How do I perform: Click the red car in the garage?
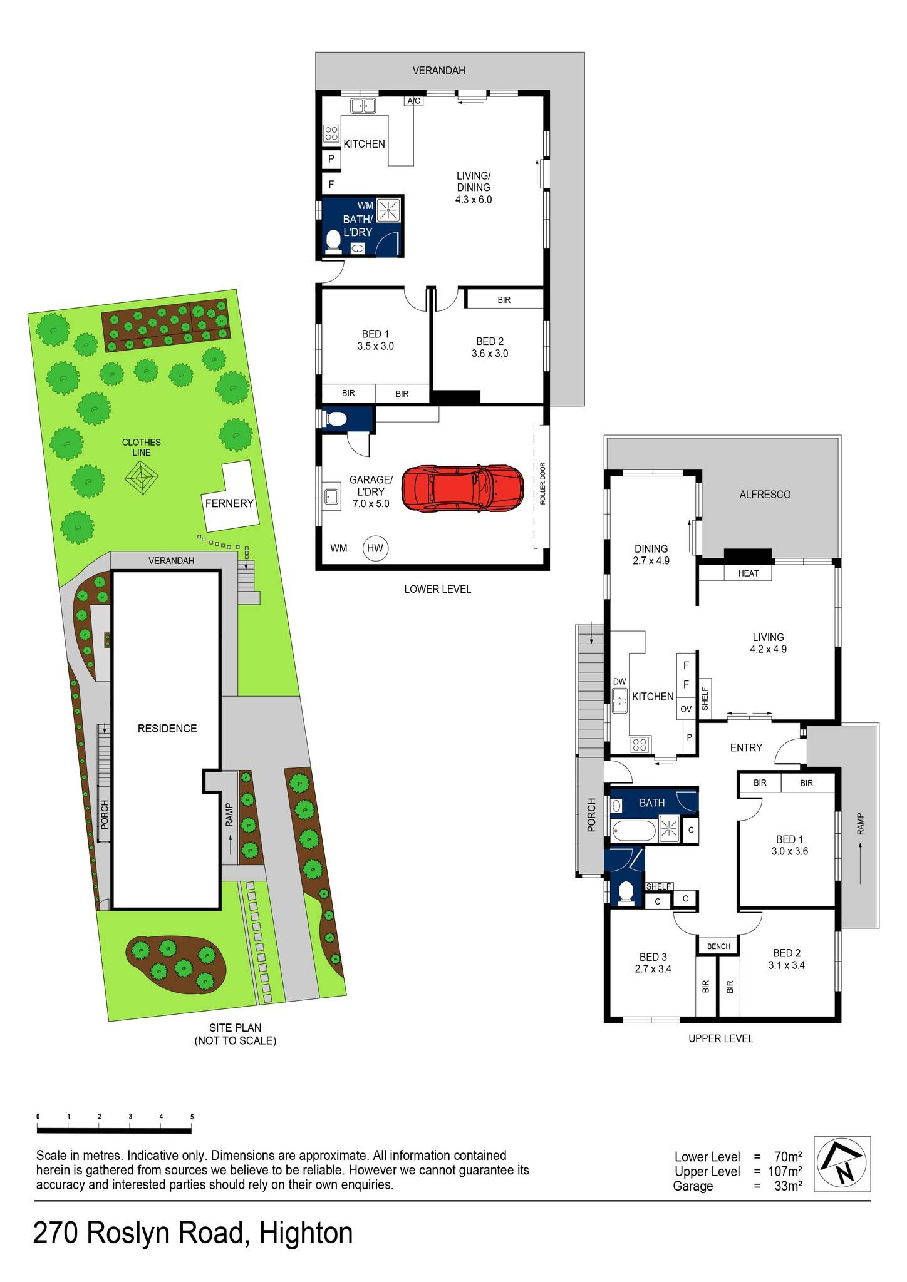pos(462,489)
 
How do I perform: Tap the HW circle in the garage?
pos(375,548)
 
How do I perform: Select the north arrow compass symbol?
pos(841,1164)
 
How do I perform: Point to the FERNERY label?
pos(229,503)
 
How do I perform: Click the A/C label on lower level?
pos(413,101)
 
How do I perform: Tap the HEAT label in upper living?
pos(748,573)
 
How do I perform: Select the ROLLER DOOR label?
pos(542,484)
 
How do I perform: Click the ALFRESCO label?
pos(764,494)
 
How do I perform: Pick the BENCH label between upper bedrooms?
pos(718,946)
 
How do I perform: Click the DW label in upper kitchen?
pos(619,681)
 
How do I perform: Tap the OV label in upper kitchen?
pos(686,709)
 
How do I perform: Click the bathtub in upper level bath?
pos(634,831)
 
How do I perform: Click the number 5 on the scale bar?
pos(192,1116)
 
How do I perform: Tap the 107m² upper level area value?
pos(785,1171)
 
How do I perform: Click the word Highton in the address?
pos(306,1234)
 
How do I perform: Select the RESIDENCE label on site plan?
pos(167,728)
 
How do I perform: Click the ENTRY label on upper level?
pos(745,747)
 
